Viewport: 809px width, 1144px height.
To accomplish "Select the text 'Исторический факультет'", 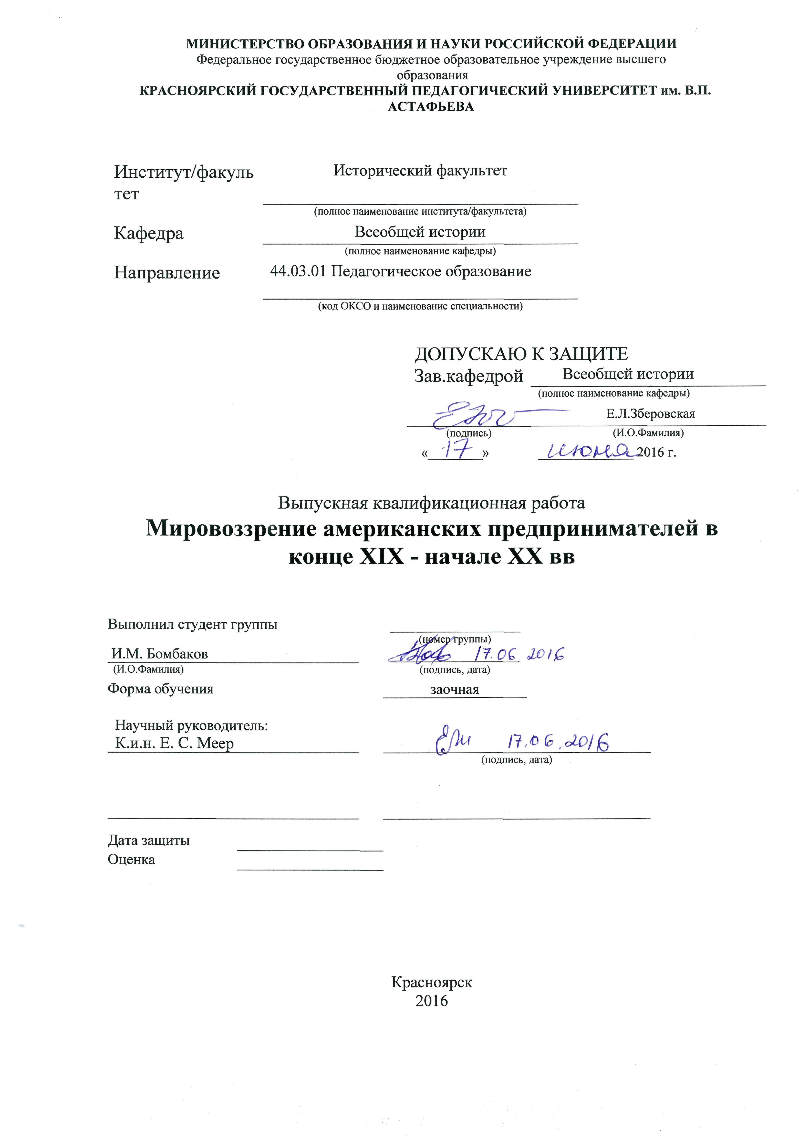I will (420, 171).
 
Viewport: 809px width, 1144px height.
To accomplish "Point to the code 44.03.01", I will (298, 272).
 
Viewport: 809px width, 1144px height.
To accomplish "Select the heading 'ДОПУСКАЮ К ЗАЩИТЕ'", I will (521, 354).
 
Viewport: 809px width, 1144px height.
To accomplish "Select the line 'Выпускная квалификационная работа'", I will (431, 503).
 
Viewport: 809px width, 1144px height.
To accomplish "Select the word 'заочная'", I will (454, 690).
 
